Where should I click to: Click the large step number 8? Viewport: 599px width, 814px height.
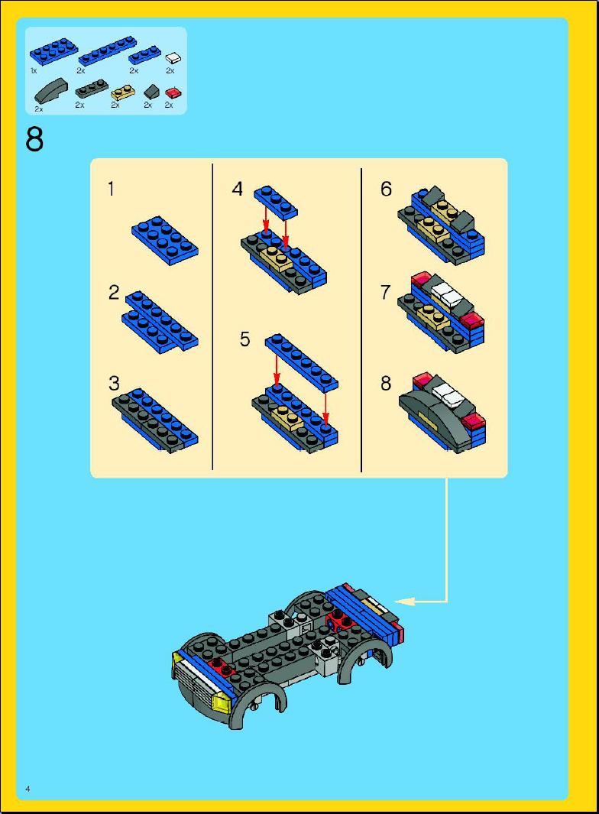click(x=34, y=140)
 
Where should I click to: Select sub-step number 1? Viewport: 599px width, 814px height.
click(x=111, y=189)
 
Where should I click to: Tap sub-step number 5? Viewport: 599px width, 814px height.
click(x=245, y=339)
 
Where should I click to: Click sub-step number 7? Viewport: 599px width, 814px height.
click(x=385, y=292)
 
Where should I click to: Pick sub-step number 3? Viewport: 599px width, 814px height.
click(x=114, y=383)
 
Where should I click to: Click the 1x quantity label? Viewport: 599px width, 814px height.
click(x=34, y=70)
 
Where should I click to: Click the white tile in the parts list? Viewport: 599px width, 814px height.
click(x=173, y=57)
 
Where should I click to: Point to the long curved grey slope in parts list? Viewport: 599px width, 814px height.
click(x=51, y=90)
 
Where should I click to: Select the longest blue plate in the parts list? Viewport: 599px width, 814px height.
click(x=108, y=51)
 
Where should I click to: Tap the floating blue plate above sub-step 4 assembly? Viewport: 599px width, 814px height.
click(x=276, y=200)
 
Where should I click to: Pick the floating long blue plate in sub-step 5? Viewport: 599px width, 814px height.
click(x=302, y=362)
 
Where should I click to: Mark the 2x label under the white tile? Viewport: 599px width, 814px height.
click(x=170, y=70)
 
